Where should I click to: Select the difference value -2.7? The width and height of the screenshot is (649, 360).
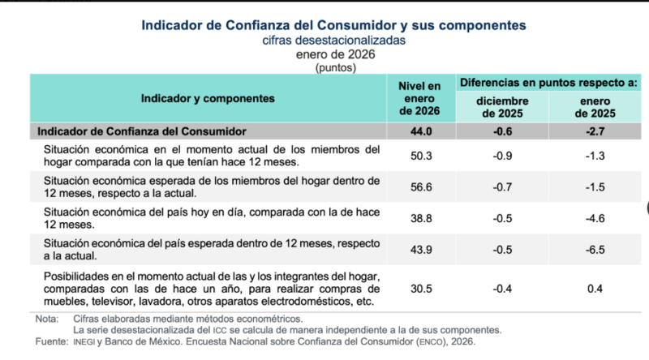[594, 131]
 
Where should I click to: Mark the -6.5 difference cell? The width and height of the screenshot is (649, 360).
[594, 248]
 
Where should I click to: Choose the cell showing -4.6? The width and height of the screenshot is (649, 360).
[594, 218]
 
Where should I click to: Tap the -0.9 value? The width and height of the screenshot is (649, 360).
[502, 156]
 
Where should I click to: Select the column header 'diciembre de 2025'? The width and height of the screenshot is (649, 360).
[502, 106]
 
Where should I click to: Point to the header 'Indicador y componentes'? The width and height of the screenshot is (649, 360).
[207, 98]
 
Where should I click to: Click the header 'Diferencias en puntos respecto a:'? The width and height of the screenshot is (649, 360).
[548, 83]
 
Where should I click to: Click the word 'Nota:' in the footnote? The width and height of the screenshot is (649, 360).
[46, 319]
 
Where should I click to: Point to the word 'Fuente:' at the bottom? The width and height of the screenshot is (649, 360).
[50, 341]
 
